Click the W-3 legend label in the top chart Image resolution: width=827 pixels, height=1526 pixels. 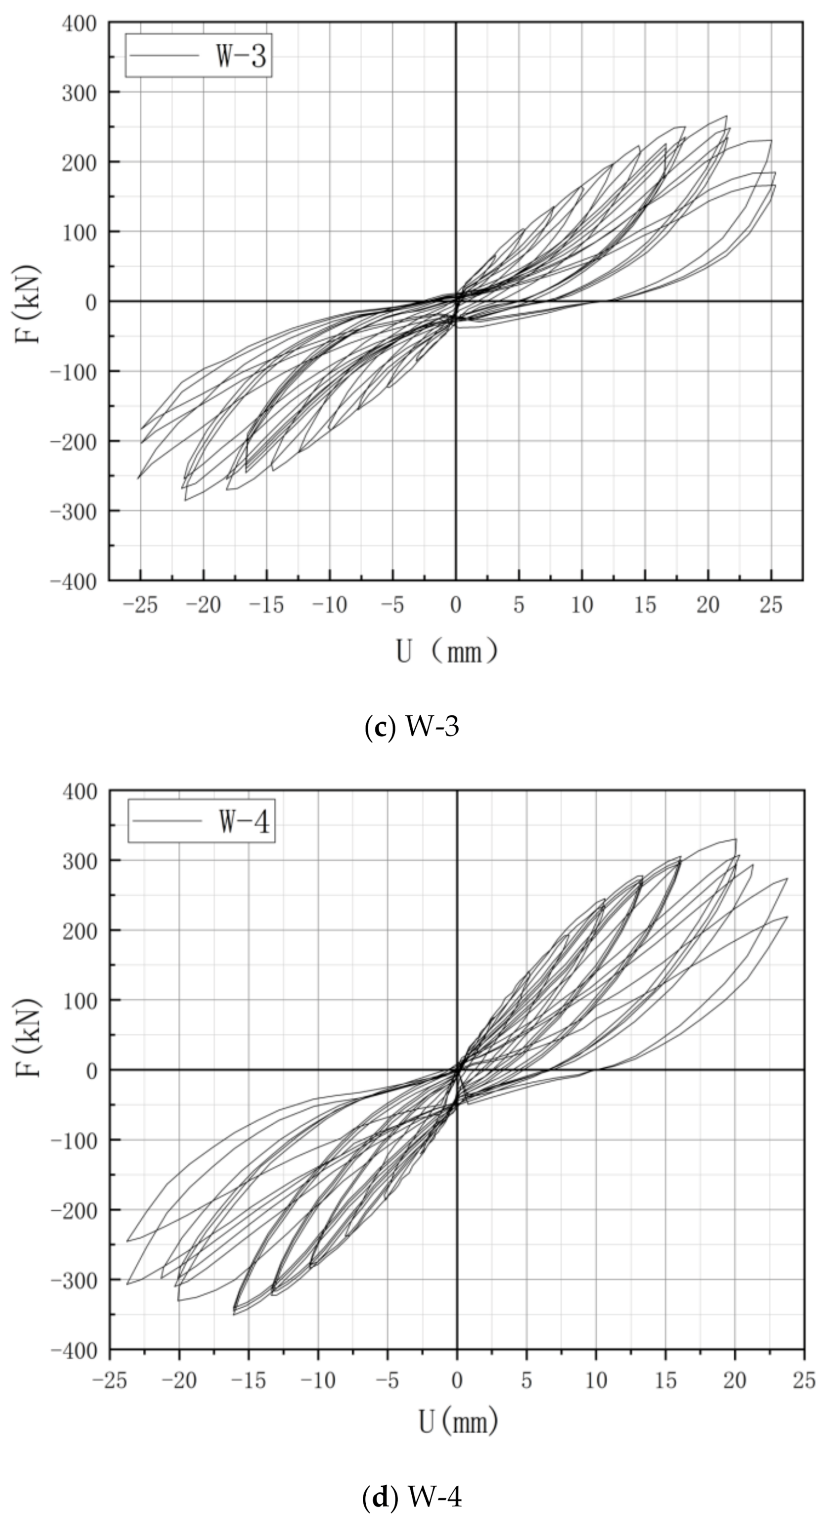[241, 56]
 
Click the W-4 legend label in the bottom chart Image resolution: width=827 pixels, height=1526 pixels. [244, 822]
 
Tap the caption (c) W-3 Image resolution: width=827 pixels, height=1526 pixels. [412, 726]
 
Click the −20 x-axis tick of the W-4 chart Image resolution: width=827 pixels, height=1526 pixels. [179, 1381]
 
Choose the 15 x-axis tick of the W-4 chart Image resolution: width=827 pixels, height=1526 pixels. [665, 1381]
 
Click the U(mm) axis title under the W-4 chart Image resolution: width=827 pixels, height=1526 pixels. [458, 1422]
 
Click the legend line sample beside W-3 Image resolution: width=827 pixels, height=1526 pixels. [164, 56]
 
